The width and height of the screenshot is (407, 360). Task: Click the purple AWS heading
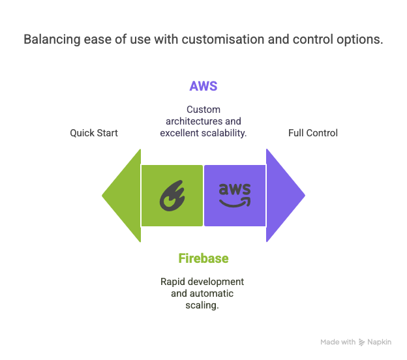tap(203, 86)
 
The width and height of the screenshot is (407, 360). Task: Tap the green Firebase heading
tap(203, 258)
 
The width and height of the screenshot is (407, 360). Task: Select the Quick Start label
tap(94, 133)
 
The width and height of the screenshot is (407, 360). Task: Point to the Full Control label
tap(313, 133)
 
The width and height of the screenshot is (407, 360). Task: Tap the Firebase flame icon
tap(172, 196)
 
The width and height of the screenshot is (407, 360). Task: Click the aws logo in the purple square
tap(235, 195)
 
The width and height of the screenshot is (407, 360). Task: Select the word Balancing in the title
tap(52, 40)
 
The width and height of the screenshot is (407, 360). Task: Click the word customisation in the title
tap(223, 39)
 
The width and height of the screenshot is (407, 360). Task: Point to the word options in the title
tap(360, 40)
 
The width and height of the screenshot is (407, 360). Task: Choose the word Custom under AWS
tap(203, 110)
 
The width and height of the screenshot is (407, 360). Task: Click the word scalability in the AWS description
tap(224, 133)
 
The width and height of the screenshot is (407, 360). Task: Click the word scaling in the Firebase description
tap(202, 305)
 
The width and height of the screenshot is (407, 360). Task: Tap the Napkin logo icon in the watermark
tap(361, 342)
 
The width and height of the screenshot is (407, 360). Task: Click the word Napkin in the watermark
tap(379, 342)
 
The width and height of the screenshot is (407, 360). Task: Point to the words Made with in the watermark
tap(338, 342)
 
